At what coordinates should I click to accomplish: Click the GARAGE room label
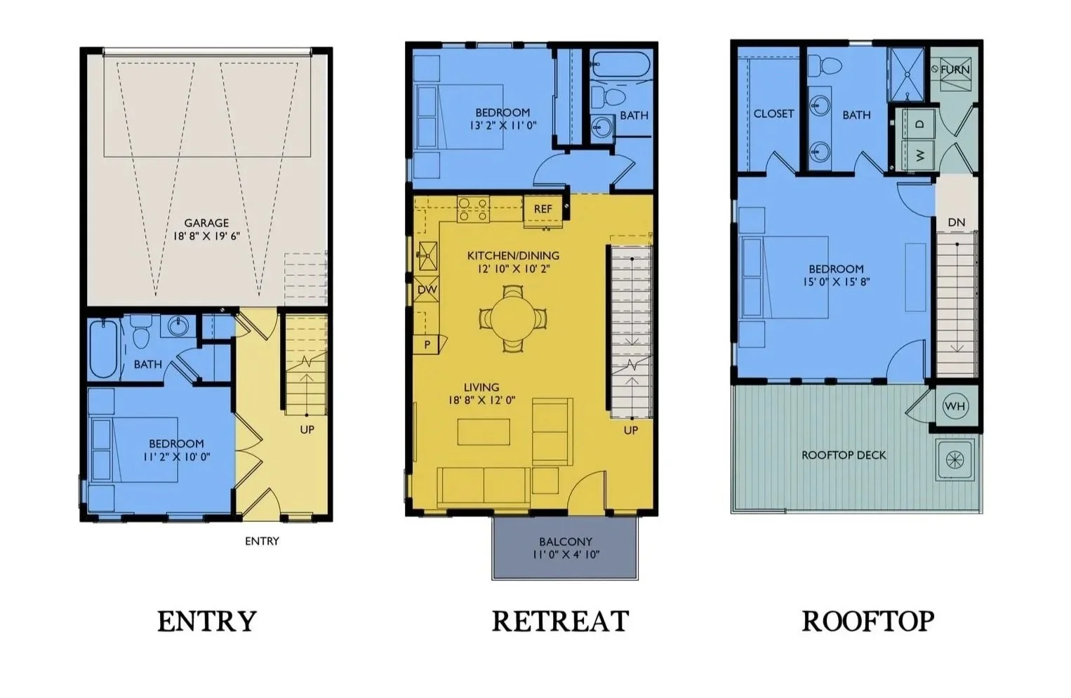pyautogui.click(x=206, y=222)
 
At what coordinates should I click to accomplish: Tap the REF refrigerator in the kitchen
pyautogui.click(x=543, y=210)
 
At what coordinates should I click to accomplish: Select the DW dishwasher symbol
pyautogui.click(x=426, y=289)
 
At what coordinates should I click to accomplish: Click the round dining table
pyautogui.click(x=513, y=318)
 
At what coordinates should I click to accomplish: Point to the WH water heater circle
pyautogui.click(x=954, y=407)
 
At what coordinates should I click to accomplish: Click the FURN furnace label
pyautogui.click(x=955, y=69)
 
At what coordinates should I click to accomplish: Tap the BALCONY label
pyautogui.click(x=566, y=542)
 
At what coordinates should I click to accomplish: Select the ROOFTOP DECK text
pyautogui.click(x=844, y=455)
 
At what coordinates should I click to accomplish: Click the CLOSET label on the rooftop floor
pyautogui.click(x=773, y=114)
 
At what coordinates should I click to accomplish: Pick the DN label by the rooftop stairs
pyautogui.click(x=956, y=222)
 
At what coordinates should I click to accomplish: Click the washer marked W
pyautogui.click(x=919, y=155)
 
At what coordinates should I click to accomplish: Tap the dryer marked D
pyautogui.click(x=919, y=124)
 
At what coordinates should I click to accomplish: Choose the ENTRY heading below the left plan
pyautogui.click(x=207, y=621)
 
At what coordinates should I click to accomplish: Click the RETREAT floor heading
pyautogui.click(x=560, y=621)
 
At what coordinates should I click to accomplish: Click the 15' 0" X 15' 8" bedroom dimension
pyautogui.click(x=837, y=282)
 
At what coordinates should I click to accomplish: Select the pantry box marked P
pyautogui.click(x=427, y=344)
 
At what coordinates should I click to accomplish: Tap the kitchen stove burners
pyautogui.click(x=473, y=210)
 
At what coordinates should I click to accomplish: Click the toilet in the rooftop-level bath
pyautogui.click(x=824, y=65)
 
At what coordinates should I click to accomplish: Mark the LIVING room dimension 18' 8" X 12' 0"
pyautogui.click(x=481, y=401)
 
